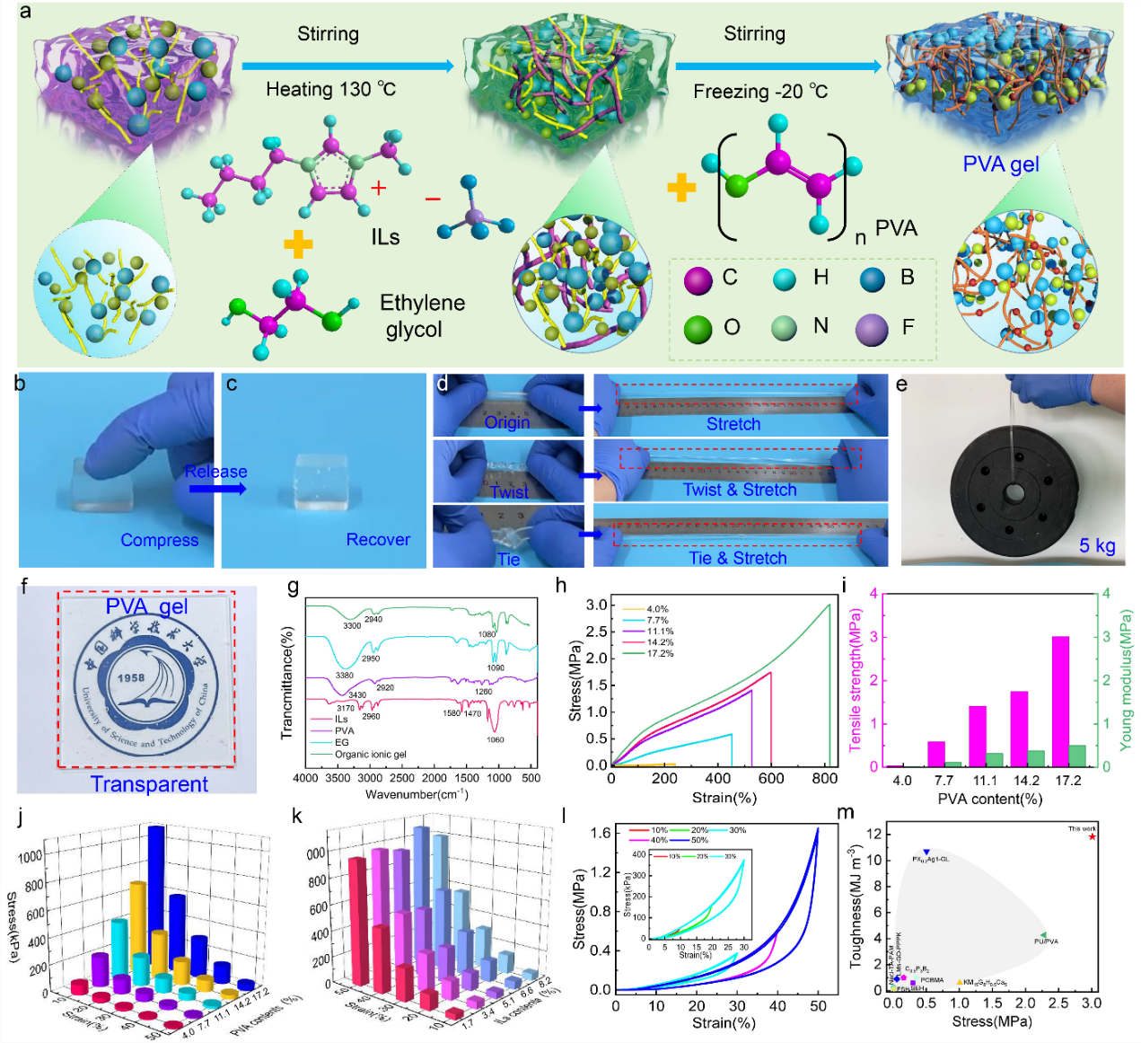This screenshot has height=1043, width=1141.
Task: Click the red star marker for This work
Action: click(1092, 837)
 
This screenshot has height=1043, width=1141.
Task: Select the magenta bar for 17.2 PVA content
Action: click(1060, 701)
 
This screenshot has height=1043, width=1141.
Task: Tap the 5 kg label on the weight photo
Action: click(1097, 546)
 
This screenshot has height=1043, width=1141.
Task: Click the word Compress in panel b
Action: click(159, 540)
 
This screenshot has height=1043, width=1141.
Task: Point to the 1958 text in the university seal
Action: click(131, 677)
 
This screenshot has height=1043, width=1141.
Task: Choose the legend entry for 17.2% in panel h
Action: click(659, 653)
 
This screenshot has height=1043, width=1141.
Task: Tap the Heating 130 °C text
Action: click(330, 90)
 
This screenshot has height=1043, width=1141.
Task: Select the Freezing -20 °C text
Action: click(759, 92)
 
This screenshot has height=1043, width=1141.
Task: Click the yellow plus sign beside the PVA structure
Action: click(681, 188)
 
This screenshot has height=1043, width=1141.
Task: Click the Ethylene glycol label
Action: click(421, 316)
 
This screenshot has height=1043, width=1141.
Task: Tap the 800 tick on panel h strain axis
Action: click(824, 779)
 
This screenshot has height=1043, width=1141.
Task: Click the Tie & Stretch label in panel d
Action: click(737, 558)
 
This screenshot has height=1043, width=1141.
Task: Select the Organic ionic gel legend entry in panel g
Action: click(370, 755)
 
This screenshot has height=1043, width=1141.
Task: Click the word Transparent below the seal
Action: click(149, 784)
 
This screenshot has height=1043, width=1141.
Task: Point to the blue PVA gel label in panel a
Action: click(1000, 164)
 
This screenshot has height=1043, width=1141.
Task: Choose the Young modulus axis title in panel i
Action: click(1126, 680)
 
